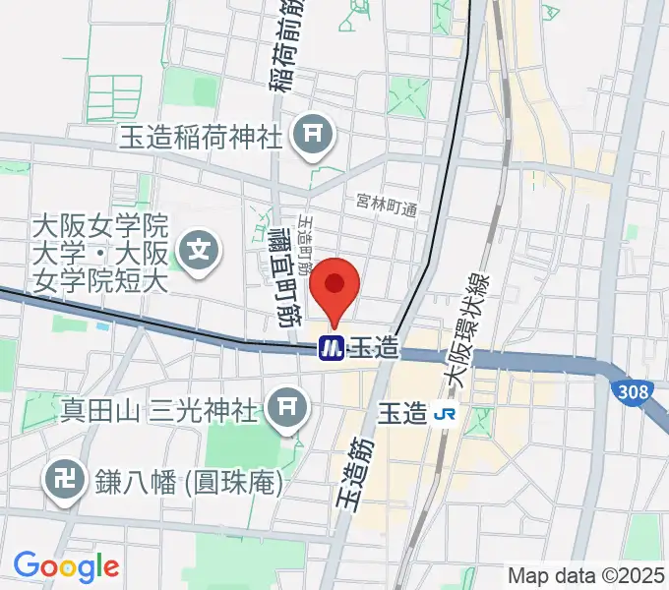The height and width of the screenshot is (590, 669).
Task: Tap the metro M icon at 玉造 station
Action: click(331, 348)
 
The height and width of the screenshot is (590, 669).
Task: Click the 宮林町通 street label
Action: click(387, 207)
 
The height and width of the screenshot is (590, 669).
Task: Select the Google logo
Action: click(66, 565)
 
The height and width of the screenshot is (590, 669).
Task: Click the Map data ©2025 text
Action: click(585, 575)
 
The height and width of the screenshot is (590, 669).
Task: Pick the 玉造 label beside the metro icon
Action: click(372, 348)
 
